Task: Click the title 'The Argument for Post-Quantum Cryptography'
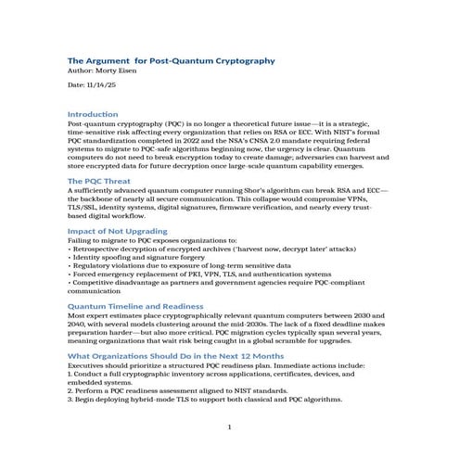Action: (x=172, y=60)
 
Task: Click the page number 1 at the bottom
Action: (x=229, y=426)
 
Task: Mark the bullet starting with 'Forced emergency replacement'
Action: (x=199, y=274)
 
